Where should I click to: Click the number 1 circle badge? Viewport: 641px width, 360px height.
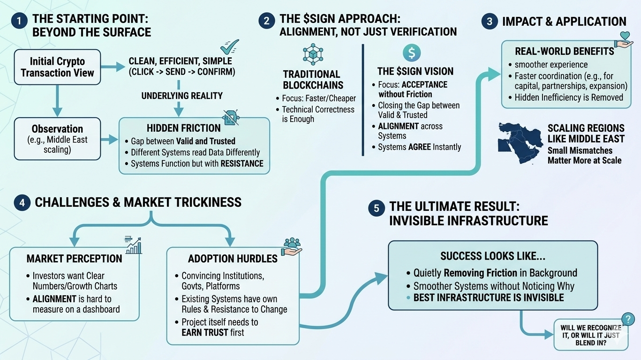(x=19, y=21)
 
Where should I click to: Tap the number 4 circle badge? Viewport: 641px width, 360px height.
(x=22, y=202)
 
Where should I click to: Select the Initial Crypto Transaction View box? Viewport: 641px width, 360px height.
(x=57, y=67)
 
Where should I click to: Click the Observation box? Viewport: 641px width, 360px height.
(x=57, y=138)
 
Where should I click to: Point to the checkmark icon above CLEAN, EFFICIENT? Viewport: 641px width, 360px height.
(x=229, y=46)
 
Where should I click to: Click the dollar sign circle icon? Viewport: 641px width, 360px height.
(x=411, y=52)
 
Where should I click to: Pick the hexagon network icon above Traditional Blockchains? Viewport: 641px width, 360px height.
(x=313, y=54)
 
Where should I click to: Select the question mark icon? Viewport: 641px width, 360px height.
(x=627, y=319)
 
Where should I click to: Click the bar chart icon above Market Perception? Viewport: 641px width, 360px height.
(x=133, y=245)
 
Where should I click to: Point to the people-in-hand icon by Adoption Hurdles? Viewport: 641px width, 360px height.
(x=292, y=246)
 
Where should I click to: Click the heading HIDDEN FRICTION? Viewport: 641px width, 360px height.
(x=183, y=128)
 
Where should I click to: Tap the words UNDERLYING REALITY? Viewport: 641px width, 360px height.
(x=182, y=96)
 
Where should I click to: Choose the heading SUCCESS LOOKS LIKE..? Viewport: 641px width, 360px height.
(x=493, y=256)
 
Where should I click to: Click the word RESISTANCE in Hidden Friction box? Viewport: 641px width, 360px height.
(x=241, y=164)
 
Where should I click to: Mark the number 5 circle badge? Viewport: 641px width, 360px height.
(x=376, y=208)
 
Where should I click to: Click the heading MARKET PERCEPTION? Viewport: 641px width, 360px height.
(x=74, y=259)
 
